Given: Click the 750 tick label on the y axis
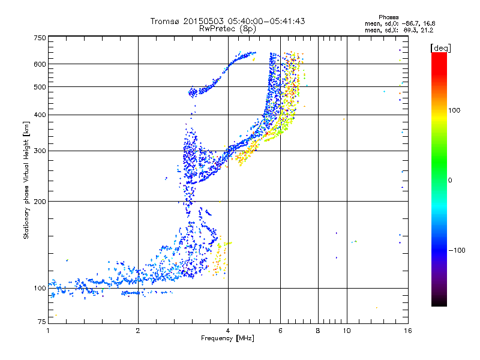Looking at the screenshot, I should [x=40, y=38].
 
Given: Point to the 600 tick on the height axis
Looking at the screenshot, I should [x=40, y=64].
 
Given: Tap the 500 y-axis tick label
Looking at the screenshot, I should [x=40, y=87].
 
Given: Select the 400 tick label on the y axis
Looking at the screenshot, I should [x=40, y=115].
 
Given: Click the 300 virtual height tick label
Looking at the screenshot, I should [x=40, y=151].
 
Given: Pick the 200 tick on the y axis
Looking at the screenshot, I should [x=40, y=202].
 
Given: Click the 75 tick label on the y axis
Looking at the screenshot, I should [x=41, y=322].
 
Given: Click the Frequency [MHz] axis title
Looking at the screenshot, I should [x=227, y=340].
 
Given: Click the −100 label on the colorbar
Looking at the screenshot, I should [x=458, y=250].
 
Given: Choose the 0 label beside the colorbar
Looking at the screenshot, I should [x=451, y=180].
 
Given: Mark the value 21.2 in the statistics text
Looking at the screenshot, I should [x=427, y=29].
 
